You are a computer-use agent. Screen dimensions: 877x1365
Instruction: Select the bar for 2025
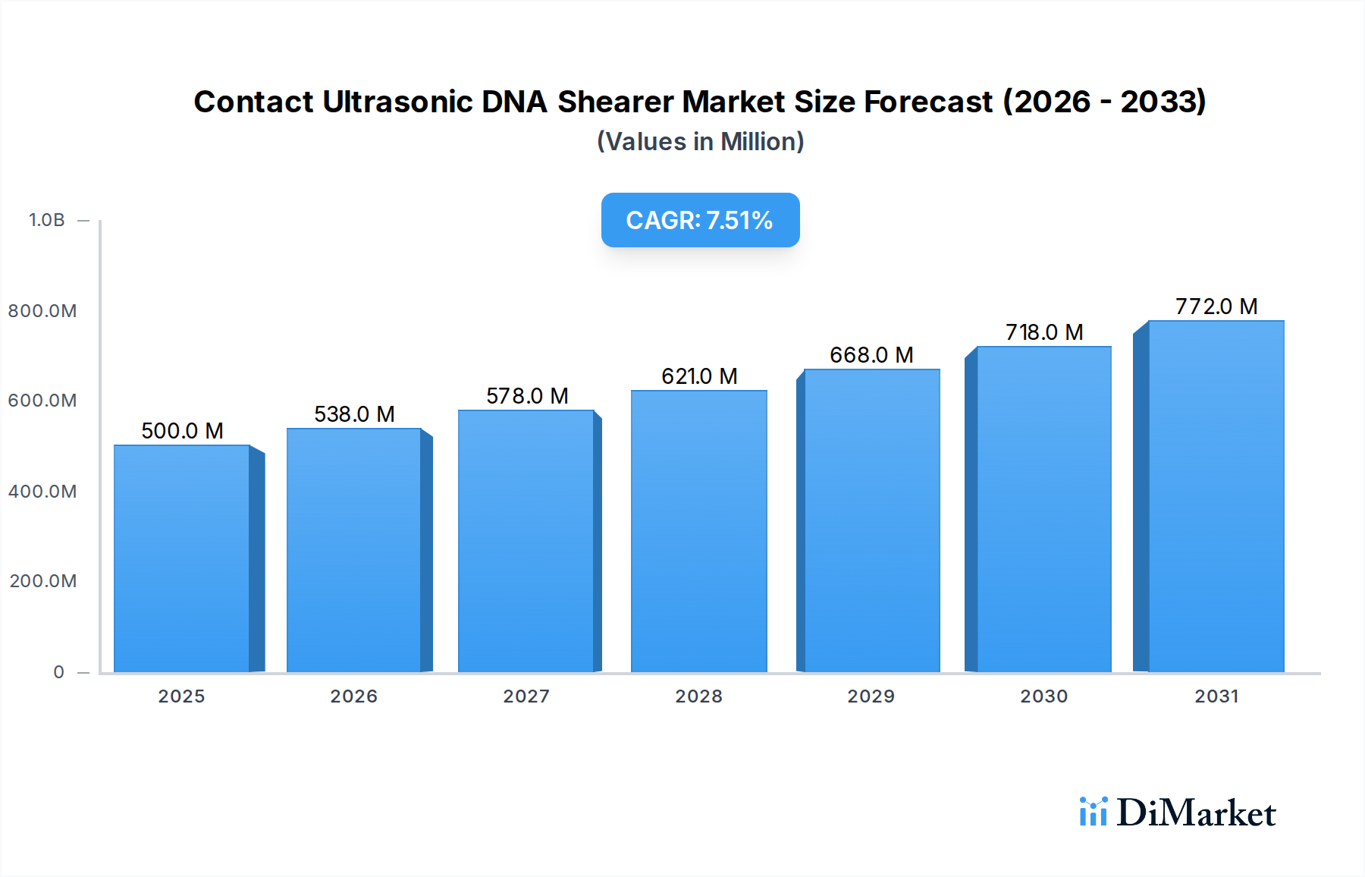click(182, 558)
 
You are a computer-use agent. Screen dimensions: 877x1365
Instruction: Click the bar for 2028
click(698, 531)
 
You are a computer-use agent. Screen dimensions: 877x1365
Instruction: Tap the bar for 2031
click(1216, 496)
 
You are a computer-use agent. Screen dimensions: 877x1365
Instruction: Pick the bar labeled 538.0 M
click(353, 550)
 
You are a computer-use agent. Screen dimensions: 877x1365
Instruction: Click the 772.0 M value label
click(1216, 306)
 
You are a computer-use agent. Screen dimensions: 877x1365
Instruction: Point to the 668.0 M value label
click(871, 355)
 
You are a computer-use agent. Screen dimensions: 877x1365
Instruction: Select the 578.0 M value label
click(526, 396)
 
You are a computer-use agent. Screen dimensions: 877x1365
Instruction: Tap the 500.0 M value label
click(182, 431)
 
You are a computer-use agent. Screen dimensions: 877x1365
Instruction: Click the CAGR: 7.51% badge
click(700, 220)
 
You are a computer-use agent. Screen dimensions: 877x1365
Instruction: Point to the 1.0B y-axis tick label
click(46, 220)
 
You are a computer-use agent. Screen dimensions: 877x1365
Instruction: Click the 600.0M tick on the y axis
click(42, 401)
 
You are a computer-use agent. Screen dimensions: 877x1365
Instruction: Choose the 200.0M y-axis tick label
click(43, 581)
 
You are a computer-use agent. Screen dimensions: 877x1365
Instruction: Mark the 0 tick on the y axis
click(58, 672)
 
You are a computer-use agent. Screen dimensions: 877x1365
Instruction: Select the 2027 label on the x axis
click(526, 696)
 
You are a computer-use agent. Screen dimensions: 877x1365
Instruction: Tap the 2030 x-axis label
click(1043, 696)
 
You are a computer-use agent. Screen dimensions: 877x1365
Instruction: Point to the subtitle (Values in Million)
click(700, 142)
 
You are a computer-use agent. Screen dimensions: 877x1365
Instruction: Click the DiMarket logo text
click(1196, 813)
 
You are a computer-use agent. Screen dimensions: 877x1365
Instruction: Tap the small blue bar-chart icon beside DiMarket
click(1093, 812)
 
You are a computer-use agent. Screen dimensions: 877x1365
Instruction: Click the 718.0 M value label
click(1043, 332)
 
